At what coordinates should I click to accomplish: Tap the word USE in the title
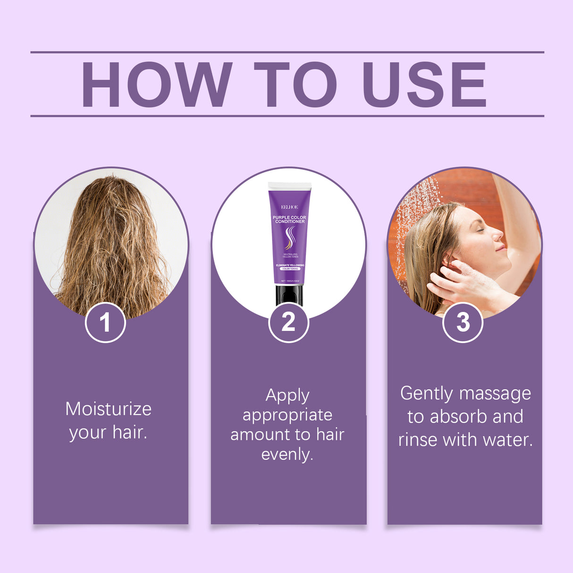click(x=424, y=85)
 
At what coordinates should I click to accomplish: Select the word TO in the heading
click(x=295, y=85)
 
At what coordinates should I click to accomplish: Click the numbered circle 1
click(x=105, y=322)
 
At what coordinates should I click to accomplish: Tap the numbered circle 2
click(x=288, y=322)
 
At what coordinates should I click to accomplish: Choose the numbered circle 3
click(x=463, y=322)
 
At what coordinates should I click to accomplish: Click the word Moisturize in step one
click(x=109, y=409)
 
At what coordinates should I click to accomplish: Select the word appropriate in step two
click(x=287, y=415)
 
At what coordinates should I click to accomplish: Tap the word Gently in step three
click(x=427, y=394)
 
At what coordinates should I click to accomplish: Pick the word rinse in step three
click(x=414, y=440)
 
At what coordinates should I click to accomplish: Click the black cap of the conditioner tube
click(x=289, y=295)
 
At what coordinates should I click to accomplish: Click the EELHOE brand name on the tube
click(x=290, y=207)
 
